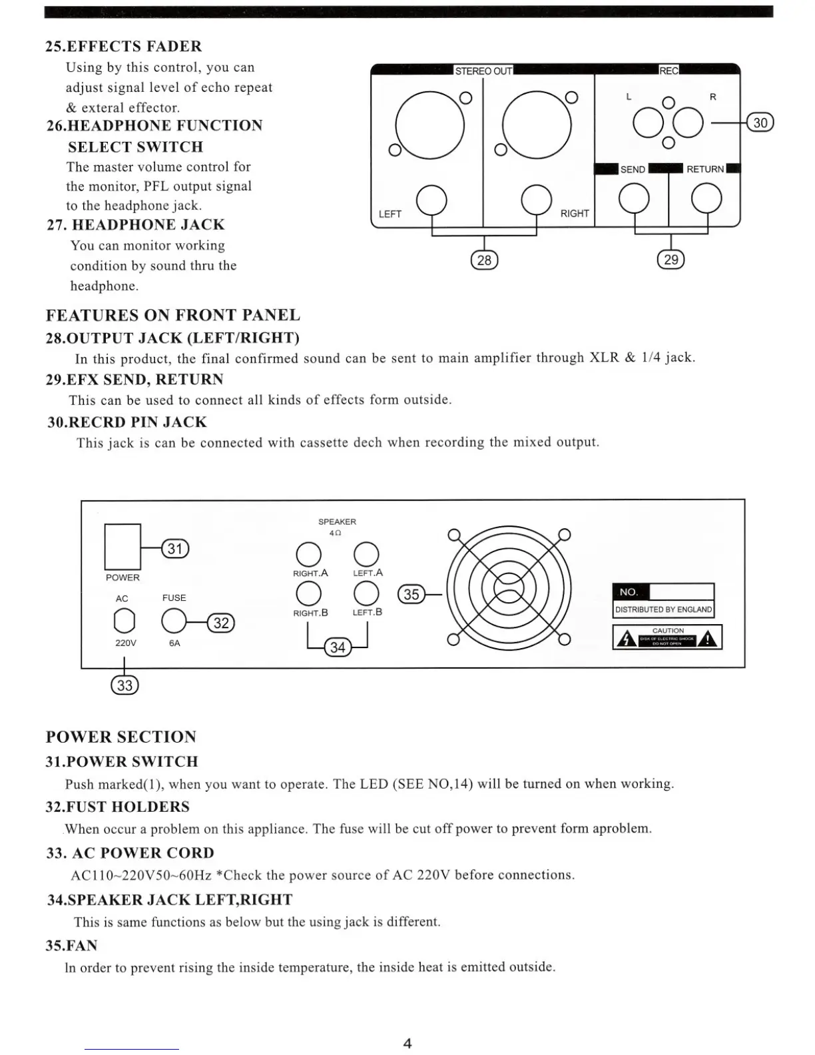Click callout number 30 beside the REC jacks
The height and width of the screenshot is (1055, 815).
(x=760, y=123)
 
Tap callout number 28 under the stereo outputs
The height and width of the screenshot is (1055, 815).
(x=484, y=260)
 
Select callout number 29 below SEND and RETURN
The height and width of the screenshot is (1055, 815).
(x=671, y=260)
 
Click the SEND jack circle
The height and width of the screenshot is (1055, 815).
(x=633, y=198)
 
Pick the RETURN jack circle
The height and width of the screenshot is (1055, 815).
(x=706, y=198)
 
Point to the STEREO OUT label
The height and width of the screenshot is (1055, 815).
(x=483, y=71)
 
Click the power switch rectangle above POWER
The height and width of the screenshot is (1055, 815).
(x=123, y=547)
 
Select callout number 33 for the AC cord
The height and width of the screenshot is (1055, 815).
(x=125, y=685)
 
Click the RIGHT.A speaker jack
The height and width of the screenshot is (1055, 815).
(x=308, y=554)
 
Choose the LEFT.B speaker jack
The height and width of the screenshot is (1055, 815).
(x=366, y=593)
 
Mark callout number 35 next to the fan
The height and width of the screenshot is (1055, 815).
(x=411, y=594)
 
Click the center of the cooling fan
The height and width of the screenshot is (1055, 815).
(x=509, y=587)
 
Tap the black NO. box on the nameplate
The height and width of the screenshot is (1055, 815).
(x=630, y=592)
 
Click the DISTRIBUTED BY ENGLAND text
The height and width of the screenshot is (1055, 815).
(x=663, y=609)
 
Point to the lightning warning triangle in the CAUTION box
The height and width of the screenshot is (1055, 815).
(x=625, y=639)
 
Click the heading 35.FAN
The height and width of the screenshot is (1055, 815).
(x=72, y=946)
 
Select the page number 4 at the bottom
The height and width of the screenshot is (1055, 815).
(x=407, y=1043)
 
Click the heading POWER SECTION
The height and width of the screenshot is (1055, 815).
(x=121, y=737)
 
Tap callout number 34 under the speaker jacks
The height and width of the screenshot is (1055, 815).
(x=338, y=647)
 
